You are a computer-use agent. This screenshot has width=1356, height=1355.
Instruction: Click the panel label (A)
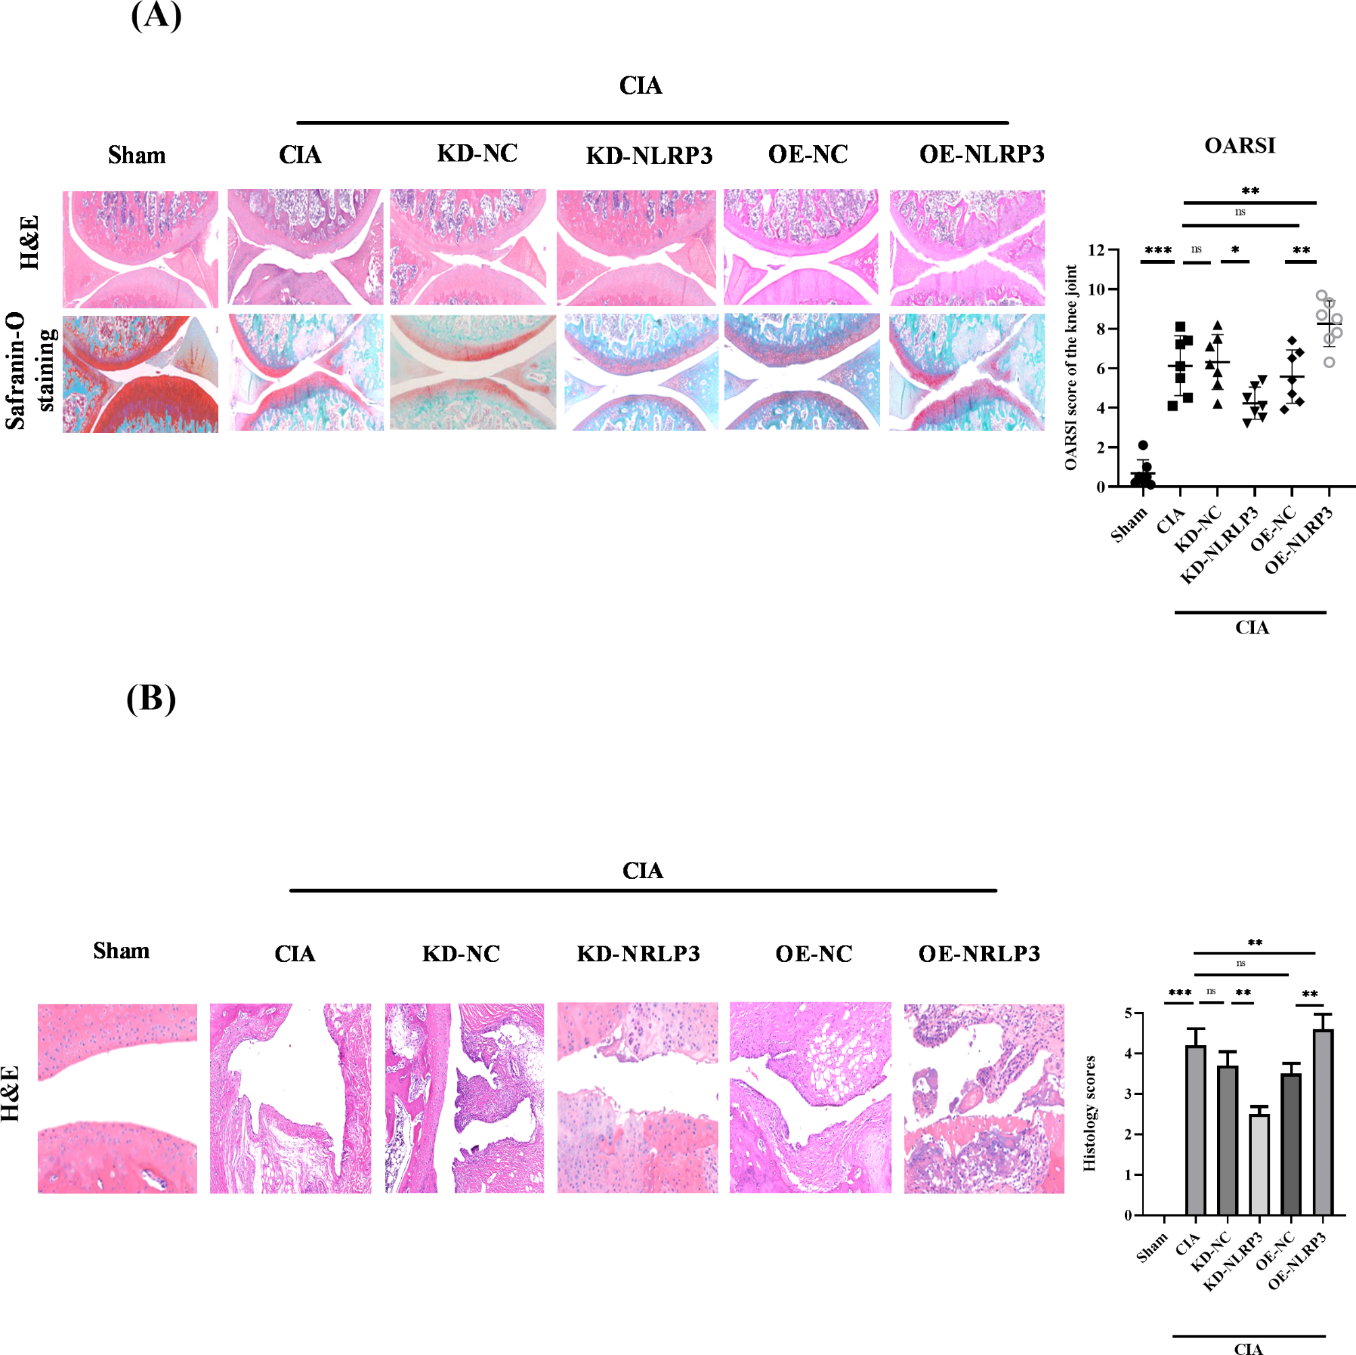[156, 16]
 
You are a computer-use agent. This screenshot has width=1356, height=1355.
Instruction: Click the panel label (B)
[151, 698]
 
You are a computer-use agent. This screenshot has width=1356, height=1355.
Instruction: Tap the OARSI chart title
[1239, 146]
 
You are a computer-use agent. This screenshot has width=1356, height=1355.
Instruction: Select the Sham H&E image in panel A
[140, 249]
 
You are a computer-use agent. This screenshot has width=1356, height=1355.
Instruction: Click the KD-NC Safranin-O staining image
[473, 372]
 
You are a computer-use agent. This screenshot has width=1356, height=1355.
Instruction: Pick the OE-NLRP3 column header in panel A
[981, 155]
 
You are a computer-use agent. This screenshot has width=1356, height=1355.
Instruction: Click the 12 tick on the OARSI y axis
[1095, 250]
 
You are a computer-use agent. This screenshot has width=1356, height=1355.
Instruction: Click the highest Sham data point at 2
[1143, 445]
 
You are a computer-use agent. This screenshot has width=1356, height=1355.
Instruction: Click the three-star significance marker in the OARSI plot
[1157, 251]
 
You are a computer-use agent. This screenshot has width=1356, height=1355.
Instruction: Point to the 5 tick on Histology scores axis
[1128, 1013]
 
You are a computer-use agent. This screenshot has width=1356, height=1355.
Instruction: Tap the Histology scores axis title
[1089, 1113]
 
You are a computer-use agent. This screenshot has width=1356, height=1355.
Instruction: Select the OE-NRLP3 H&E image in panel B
[983, 1098]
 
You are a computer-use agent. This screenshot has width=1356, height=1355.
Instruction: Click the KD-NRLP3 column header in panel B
[638, 953]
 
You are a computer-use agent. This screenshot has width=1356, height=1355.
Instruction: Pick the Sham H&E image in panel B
[118, 1098]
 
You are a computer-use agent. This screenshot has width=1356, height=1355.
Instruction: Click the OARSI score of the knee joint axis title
[1070, 367]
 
